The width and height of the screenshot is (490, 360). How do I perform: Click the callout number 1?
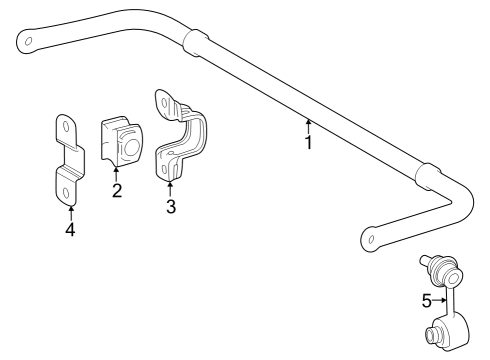[x=308, y=143]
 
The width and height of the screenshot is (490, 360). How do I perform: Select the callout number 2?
[x=117, y=190]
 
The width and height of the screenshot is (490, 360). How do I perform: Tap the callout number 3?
[x=171, y=206]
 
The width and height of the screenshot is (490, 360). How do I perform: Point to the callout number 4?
[x=70, y=230]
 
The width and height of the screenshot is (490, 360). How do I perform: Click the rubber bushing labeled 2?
[x=122, y=143]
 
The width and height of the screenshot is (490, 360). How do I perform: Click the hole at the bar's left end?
[x=29, y=42]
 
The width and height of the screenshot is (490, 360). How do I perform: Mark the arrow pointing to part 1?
[x=308, y=126]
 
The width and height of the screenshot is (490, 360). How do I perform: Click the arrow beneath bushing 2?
[x=117, y=174]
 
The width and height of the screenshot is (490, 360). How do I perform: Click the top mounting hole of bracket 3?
[x=163, y=99]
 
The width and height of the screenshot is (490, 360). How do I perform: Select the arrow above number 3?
[x=171, y=188]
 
